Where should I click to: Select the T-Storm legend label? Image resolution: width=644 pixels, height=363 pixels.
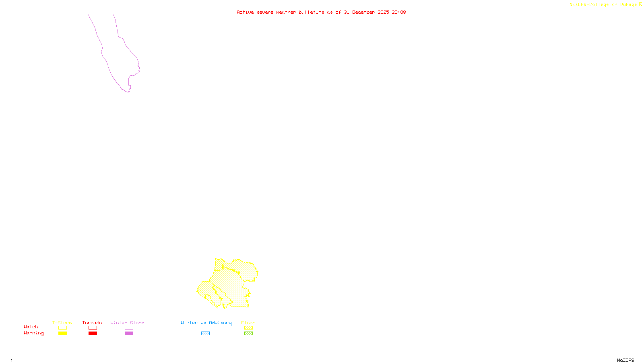[62, 323]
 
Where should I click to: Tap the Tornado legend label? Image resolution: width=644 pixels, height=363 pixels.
[92, 323]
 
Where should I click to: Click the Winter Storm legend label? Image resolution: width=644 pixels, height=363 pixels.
[127, 323]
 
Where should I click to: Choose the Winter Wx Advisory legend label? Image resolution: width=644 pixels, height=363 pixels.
[206, 323]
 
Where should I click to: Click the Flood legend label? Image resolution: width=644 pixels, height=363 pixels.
[248, 323]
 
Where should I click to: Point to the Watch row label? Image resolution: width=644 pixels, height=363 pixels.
[31, 327]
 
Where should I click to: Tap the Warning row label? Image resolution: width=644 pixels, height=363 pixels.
[34, 333]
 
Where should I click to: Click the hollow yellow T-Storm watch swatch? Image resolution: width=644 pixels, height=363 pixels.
[62, 328]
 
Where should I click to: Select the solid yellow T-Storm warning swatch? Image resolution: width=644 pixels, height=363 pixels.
[62, 334]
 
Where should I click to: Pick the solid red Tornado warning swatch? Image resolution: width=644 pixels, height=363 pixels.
[93, 334]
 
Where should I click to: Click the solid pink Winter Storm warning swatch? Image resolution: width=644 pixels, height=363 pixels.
[129, 334]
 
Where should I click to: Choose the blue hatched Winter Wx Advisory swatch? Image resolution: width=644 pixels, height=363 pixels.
[205, 334]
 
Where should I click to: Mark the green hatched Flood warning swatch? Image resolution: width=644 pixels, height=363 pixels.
[248, 334]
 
